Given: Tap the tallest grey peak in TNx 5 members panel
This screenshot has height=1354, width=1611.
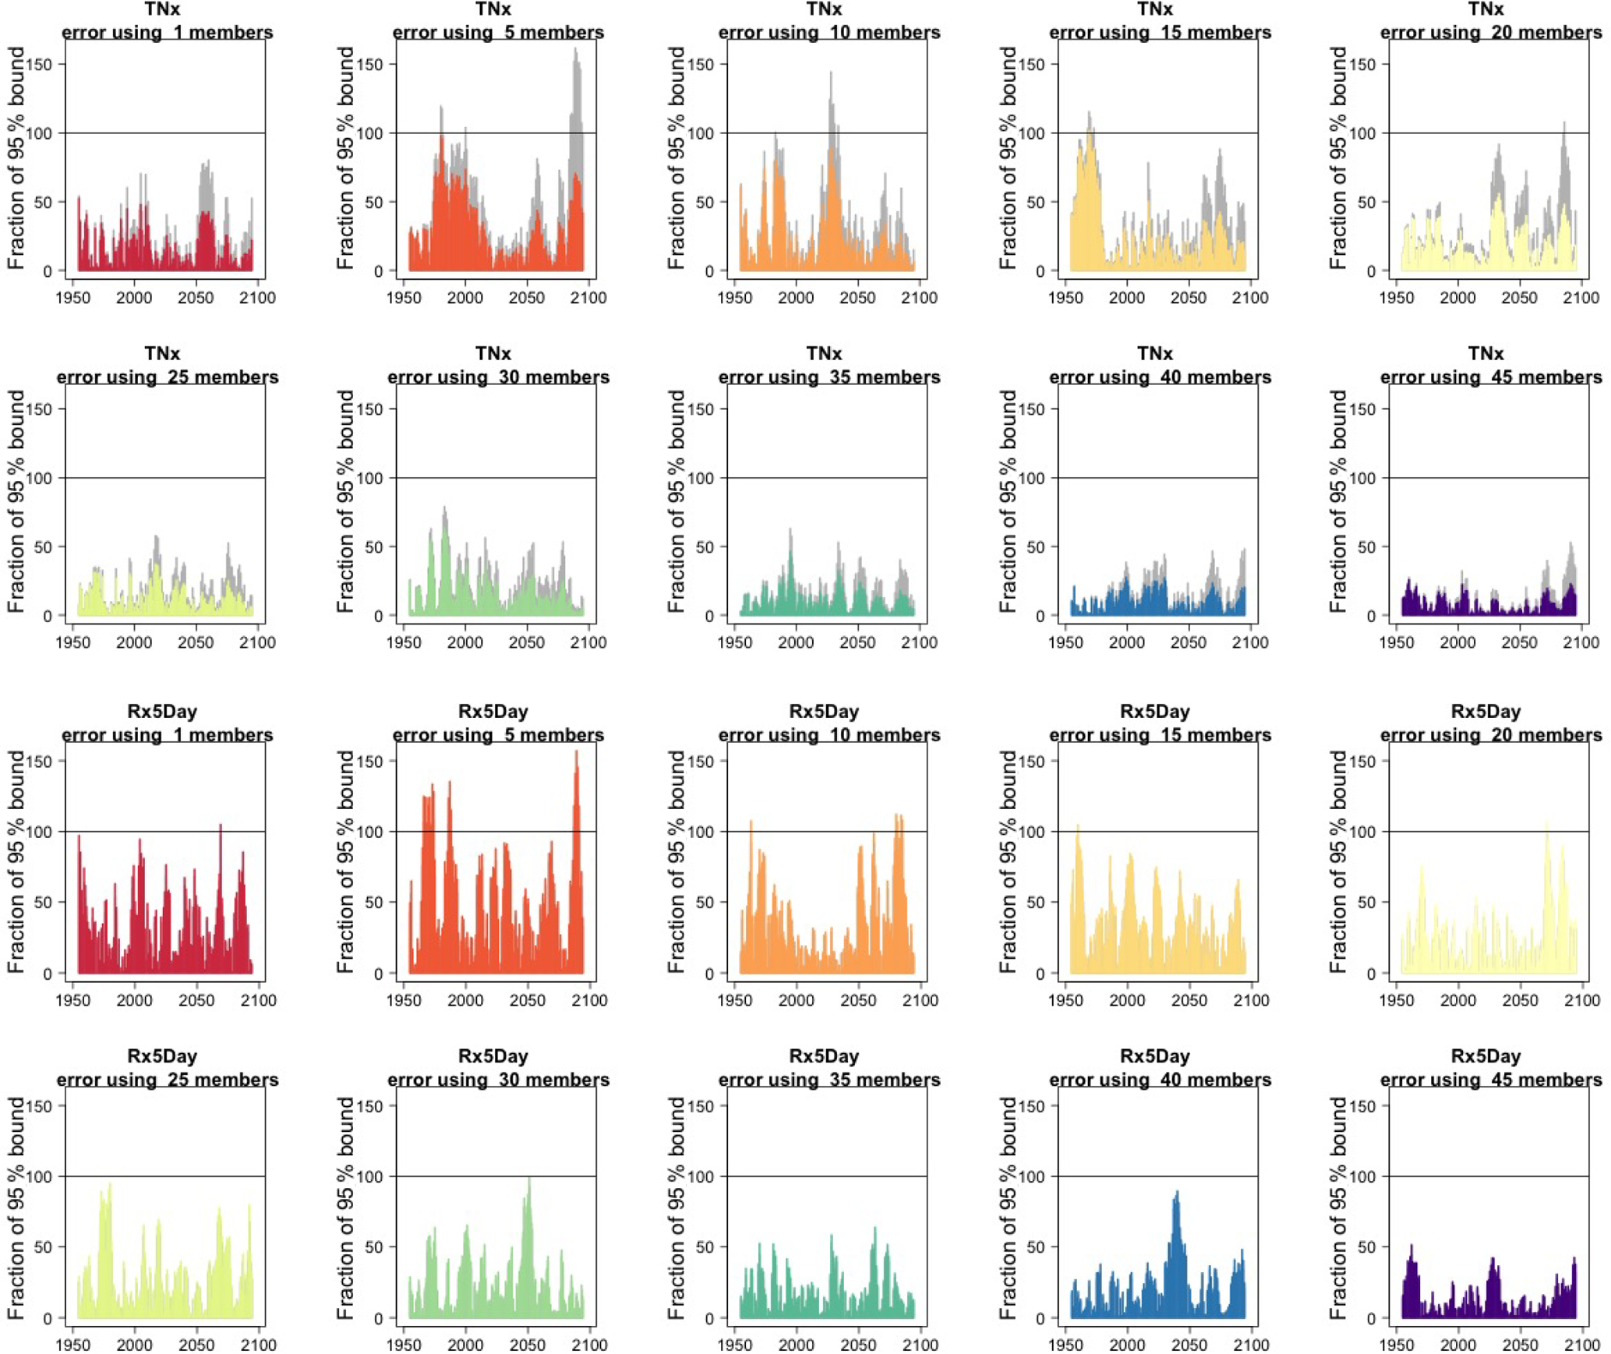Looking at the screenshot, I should pos(576,49).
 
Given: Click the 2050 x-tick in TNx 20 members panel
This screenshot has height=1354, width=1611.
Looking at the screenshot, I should pos(1519,298).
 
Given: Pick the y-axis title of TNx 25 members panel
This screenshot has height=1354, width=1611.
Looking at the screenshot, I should pos(16,501).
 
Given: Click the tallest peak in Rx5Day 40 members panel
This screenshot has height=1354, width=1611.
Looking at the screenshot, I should pos(1177,1192).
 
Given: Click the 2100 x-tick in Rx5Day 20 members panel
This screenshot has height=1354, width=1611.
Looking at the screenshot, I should pos(1583,1000).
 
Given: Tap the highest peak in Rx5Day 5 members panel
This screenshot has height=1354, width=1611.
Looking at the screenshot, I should pos(577,751).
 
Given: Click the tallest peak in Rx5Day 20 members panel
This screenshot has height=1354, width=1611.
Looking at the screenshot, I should pos(1547,822).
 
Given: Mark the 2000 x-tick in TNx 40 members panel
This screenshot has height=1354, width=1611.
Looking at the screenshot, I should pos(1127,642).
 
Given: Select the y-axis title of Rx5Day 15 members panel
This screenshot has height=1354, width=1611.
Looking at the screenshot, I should pos(1009,861).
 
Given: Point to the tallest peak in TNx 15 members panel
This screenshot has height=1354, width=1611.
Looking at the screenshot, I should pos(1089,112).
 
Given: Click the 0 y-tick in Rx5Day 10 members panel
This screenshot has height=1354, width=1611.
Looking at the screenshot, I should pos(710,974).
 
